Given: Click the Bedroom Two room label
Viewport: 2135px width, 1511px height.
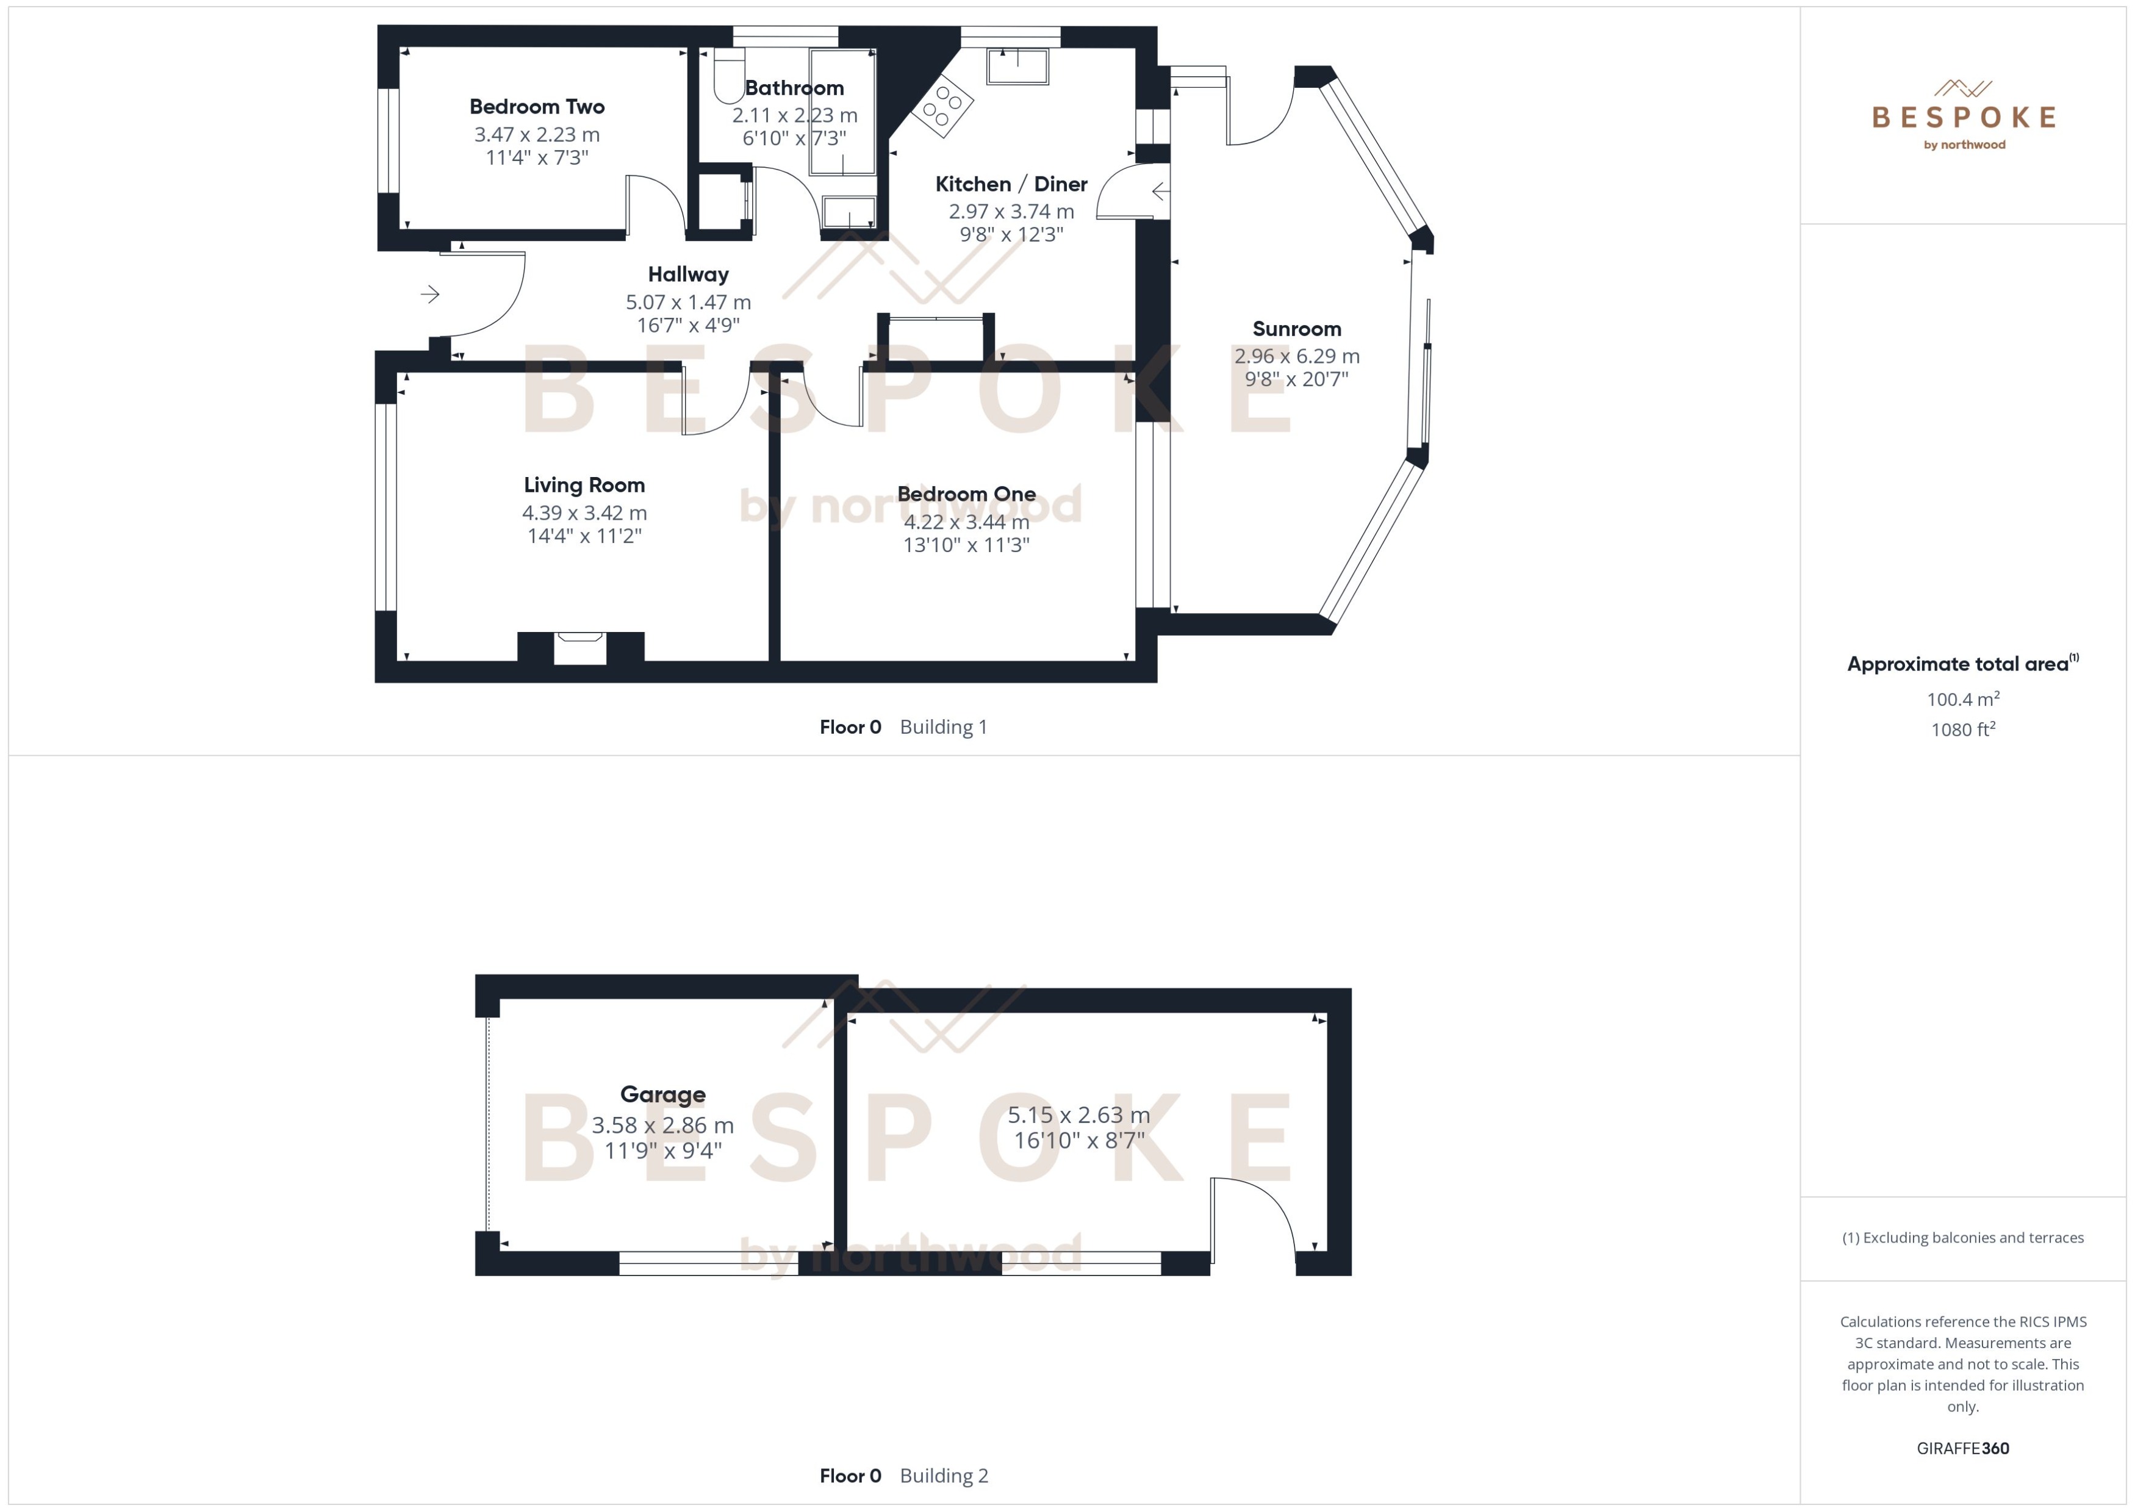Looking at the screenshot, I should point(537,107).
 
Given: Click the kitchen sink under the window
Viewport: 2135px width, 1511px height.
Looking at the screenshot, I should point(1017,66).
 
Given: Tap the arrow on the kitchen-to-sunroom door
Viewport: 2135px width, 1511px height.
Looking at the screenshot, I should point(1160,192).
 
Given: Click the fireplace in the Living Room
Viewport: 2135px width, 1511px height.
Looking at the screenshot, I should point(579,648).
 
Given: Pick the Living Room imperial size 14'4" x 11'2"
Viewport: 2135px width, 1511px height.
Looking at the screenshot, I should point(584,536).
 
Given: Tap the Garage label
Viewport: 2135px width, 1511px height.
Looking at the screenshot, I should point(662,1094).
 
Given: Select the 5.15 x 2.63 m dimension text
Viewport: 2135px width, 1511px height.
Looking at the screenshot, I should point(1078,1114).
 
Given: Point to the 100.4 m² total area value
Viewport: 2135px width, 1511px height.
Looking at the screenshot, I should point(1962,698).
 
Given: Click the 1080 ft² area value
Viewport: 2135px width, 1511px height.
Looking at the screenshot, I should point(1962,730).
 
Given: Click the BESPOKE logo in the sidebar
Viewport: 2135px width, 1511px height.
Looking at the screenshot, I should point(1963,117).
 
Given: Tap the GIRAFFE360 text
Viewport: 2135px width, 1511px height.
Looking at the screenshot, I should point(1962,1449).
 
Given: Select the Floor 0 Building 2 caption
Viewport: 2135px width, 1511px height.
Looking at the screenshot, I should point(903,1476).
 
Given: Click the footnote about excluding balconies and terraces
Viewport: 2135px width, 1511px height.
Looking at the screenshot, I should point(1962,1238).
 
